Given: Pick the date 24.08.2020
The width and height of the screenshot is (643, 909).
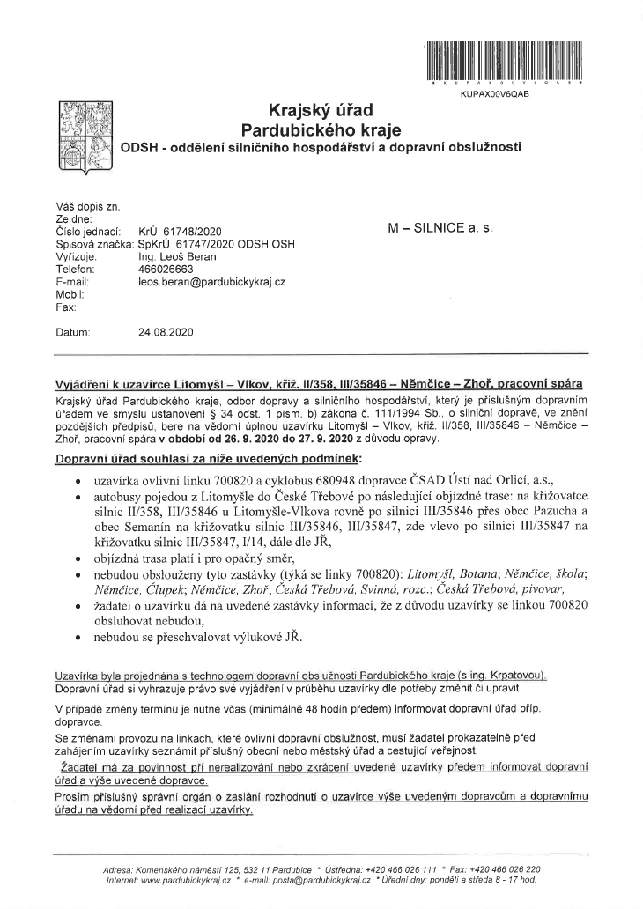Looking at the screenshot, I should [167, 334].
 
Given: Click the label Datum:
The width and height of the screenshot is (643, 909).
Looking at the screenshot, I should [72, 334].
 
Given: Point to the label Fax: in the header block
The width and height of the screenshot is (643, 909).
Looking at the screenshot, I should [64, 307].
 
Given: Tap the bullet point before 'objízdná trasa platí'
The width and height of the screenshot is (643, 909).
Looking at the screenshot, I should [80, 558].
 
